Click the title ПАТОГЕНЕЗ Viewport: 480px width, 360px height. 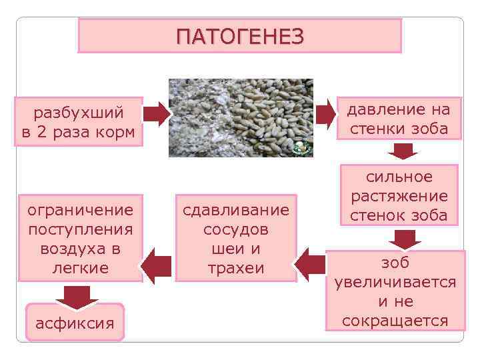pyautogui.click(x=240, y=35)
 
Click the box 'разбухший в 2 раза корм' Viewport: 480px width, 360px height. pyautogui.click(x=78, y=121)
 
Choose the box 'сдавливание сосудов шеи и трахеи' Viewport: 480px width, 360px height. pyautogui.click(x=236, y=239)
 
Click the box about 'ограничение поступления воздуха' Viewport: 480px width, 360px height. pyautogui.click(x=80, y=239)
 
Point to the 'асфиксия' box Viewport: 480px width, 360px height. pyautogui.click(x=75, y=323)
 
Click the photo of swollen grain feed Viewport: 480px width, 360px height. pyautogui.click(x=241, y=118)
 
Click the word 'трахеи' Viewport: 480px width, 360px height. pyautogui.click(x=236, y=268)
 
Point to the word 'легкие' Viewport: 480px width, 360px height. pyautogui.click(x=80, y=268)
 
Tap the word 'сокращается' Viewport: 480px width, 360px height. pyautogui.click(x=395, y=321)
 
